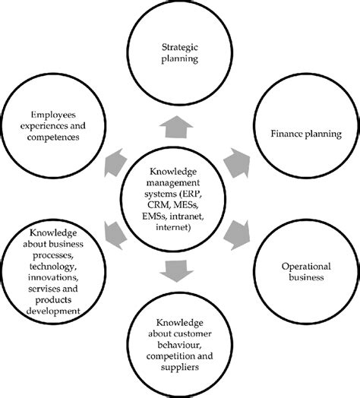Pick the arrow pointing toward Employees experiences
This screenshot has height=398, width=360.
(115, 159)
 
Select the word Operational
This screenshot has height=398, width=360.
(296, 267)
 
